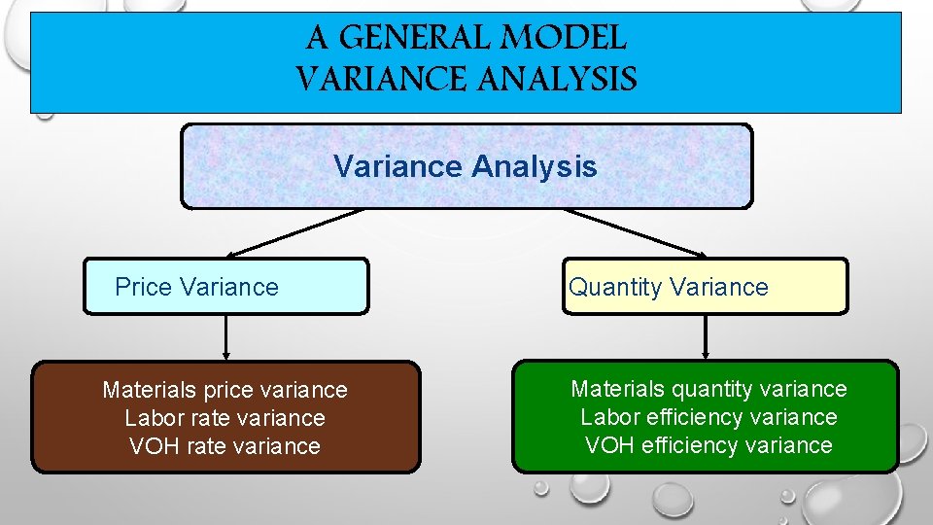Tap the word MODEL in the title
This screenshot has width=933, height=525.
tap(572, 39)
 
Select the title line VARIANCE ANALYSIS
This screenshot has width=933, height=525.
tap(466, 79)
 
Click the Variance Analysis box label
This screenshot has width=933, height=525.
tap(466, 166)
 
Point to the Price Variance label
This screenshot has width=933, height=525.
tap(196, 287)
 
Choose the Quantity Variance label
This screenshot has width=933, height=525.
tap(669, 287)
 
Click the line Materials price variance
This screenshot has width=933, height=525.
tap(225, 390)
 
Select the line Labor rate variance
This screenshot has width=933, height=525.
tap(225, 418)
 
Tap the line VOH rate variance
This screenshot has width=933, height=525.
tap(225, 446)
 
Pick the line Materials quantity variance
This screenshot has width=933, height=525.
tap(708, 389)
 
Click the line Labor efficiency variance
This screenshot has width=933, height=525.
tap(708, 417)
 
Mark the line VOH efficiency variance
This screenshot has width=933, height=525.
tap(708, 445)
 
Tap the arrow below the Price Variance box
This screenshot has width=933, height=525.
tap(226, 337)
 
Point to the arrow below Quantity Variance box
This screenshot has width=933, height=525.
tap(706, 337)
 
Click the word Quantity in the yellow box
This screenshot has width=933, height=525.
tap(616, 287)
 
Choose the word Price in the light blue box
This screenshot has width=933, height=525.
tap(143, 287)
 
